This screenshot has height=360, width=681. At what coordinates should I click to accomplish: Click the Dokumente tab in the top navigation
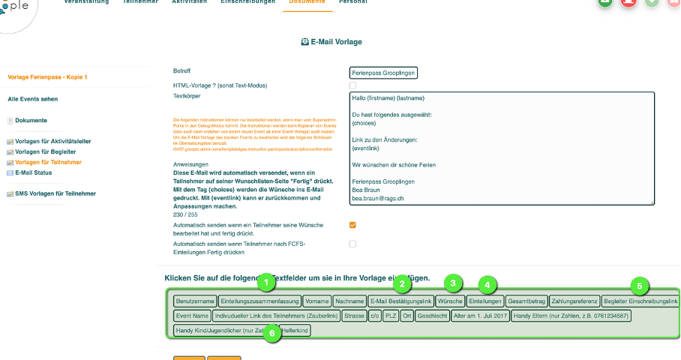click(307, 2)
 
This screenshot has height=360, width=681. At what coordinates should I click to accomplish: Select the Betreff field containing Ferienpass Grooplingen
click(383, 73)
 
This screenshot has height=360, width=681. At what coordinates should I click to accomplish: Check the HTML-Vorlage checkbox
click(352, 85)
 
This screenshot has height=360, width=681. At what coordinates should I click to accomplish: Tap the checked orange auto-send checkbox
click(352, 225)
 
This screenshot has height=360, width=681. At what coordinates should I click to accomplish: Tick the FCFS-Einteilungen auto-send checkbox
click(352, 244)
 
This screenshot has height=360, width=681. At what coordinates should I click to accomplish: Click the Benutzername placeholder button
click(195, 301)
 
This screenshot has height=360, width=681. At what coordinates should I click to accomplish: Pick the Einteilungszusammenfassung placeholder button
click(260, 301)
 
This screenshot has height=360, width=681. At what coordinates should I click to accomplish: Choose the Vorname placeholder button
click(317, 301)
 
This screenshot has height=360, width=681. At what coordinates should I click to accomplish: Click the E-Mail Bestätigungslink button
click(400, 301)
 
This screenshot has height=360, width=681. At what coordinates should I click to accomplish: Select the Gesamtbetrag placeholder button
click(526, 301)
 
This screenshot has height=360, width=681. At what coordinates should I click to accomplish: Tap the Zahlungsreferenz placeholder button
click(574, 301)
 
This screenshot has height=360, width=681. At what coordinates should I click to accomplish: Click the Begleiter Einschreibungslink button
click(641, 301)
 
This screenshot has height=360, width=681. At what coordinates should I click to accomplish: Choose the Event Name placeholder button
click(192, 316)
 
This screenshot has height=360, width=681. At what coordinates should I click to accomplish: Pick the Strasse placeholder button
click(354, 316)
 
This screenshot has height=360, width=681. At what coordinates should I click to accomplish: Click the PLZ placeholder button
click(390, 316)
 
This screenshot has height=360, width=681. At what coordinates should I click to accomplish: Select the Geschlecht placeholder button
click(433, 316)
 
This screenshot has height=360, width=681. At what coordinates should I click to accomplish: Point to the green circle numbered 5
click(639, 286)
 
